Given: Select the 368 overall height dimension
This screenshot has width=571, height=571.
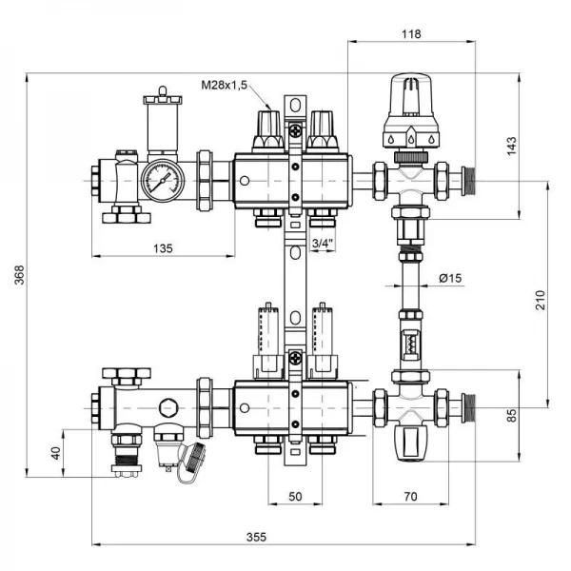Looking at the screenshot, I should point(18,276).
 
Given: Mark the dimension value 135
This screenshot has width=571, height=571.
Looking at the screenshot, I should point(163,248).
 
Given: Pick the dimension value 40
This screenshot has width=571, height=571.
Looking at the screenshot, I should point(54,452).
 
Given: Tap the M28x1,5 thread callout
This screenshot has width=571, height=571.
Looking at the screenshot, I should point(224,86).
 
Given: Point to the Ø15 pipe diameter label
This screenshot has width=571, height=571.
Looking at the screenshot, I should point(449,278).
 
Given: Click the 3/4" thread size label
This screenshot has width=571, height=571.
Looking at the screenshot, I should point(324,244).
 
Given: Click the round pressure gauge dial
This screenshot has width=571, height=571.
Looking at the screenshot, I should point(163,177).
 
